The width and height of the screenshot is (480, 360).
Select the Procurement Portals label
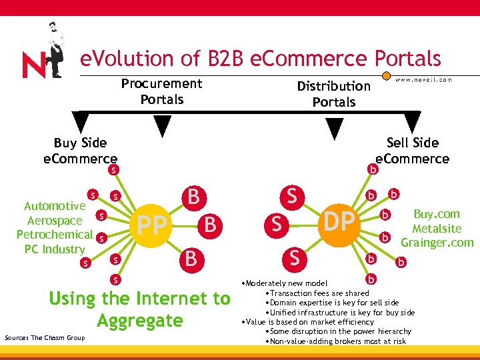coord(161,91)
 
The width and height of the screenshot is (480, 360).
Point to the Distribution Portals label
coord(333,94)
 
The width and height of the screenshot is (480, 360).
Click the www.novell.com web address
coord(423,79)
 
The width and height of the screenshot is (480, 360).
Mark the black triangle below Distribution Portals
coord(335,127)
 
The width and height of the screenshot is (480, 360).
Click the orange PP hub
coord(152,225)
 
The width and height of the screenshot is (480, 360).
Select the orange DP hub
coord(339,221)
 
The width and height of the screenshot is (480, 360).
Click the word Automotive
coord(55,206)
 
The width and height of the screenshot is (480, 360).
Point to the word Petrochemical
coord(55,235)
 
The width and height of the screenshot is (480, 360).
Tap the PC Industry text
coord(55,249)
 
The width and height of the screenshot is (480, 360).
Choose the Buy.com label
coord(437,214)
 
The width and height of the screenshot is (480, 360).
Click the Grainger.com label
coord(437,243)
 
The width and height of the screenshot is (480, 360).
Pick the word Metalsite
coord(437,229)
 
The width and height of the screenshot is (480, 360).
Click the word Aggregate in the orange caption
coord(139,321)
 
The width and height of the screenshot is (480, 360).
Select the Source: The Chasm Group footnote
coord(45,338)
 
